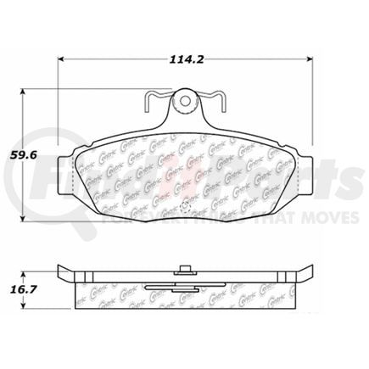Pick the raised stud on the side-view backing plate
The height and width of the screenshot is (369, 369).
184,272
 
